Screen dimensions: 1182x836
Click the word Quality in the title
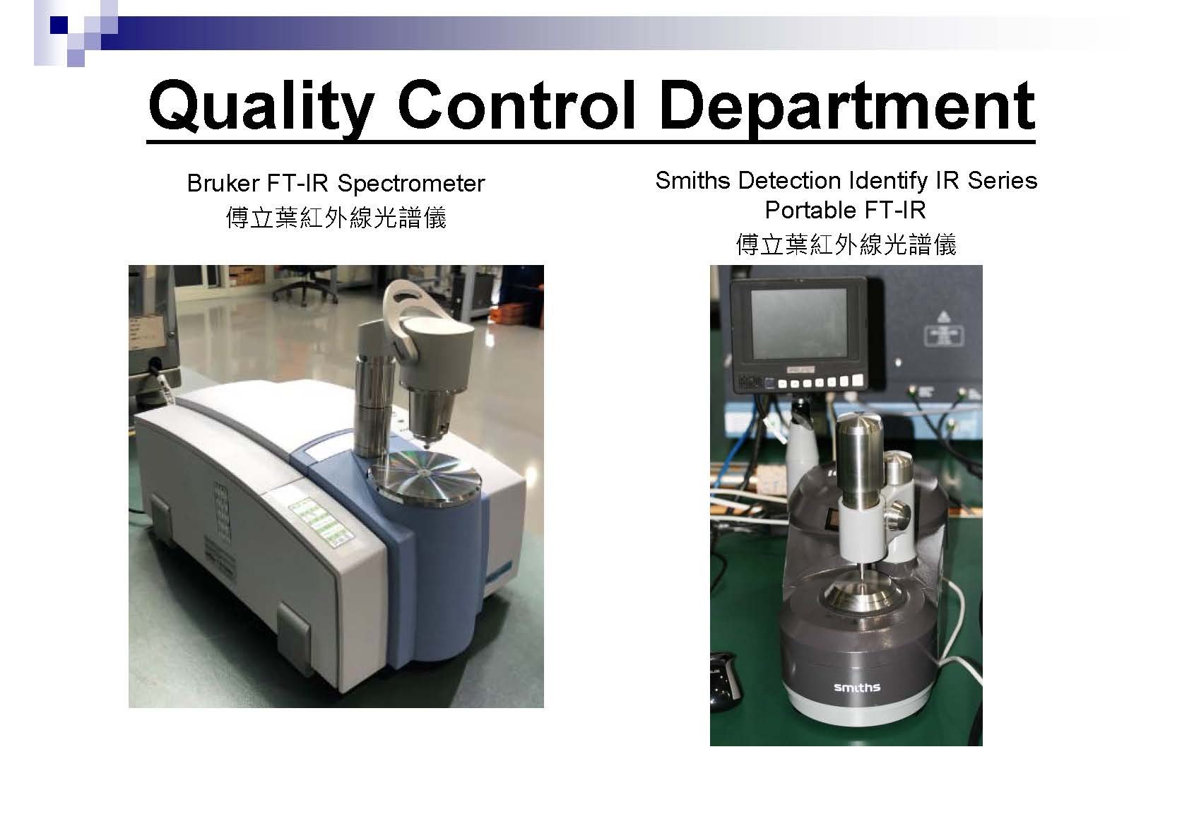pos(261,107)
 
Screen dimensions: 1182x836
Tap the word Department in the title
pos(847,107)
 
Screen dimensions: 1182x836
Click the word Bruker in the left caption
pos(223,184)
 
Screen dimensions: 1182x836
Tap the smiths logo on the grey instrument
pos(857,687)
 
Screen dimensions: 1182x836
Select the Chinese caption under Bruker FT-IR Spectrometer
pos(336,218)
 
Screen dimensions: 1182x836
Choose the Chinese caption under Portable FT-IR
pos(846,245)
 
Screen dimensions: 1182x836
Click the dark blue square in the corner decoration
pos(59,25)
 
